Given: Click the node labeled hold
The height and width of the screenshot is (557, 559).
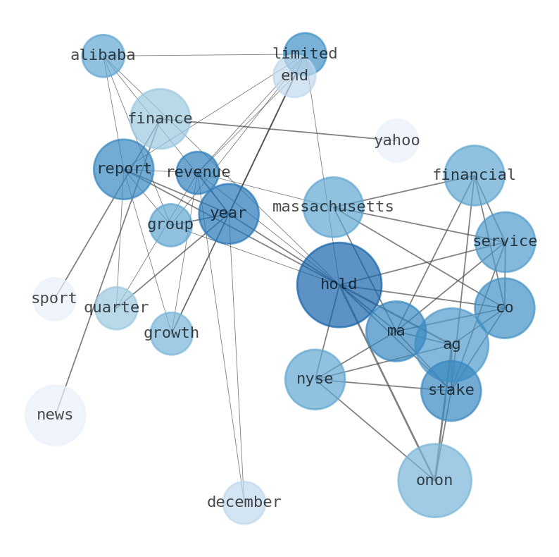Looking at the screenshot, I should (x=339, y=285).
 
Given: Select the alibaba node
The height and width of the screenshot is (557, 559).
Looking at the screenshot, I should (x=103, y=56).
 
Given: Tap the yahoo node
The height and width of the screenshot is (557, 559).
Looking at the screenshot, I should (x=396, y=140).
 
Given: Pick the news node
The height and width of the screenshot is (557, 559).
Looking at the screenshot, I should (x=55, y=415).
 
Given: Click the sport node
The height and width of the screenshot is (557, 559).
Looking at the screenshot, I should (x=54, y=299).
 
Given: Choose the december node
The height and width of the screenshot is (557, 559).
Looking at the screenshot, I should (x=244, y=502).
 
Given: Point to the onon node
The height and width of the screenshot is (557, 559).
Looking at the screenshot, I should (x=434, y=480).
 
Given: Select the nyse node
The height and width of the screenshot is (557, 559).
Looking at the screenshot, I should (x=315, y=379).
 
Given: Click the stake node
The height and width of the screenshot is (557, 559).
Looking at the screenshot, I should (x=451, y=390).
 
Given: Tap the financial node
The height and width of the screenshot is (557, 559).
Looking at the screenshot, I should (x=474, y=175).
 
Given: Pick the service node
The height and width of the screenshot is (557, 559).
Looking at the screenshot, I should (x=505, y=242).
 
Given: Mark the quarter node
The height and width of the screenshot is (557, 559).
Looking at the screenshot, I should (x=116, y=308).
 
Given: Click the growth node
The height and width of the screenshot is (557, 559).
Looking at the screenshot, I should (x=171, y=333).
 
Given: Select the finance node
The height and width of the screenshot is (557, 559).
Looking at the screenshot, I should (x=160, y=119).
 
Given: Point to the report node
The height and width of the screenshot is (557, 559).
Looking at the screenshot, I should (x=124, y=169).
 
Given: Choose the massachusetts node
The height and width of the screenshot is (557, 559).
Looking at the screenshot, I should (x=333, y=207).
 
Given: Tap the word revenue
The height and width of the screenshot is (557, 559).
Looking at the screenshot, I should (x=198, y=173).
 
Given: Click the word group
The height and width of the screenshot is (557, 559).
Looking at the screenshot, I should (x=170, y=225).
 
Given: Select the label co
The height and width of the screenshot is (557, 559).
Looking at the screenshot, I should (x=504, y=308).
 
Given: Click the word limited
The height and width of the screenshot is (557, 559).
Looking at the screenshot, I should (x=305, y=54).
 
